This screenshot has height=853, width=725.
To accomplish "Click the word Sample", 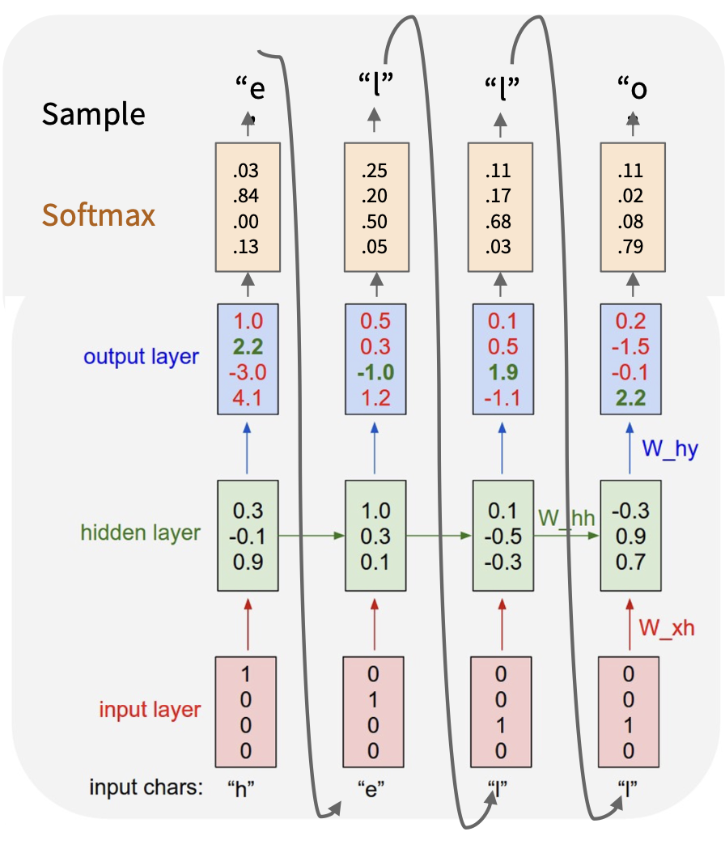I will click(94, 114).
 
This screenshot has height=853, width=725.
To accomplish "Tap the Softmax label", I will click(99, 215).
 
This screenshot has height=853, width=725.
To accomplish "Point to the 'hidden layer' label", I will click(140, 533).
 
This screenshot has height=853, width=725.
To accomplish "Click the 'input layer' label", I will click(150, 710).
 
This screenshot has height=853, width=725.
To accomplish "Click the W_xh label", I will click(667, 627).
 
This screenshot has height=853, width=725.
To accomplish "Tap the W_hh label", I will click(566, 519).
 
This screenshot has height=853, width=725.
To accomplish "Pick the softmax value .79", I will click(631, 246).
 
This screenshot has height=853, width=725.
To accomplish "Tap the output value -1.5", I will click(631, 346).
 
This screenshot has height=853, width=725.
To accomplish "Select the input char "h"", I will click(240, 788).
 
